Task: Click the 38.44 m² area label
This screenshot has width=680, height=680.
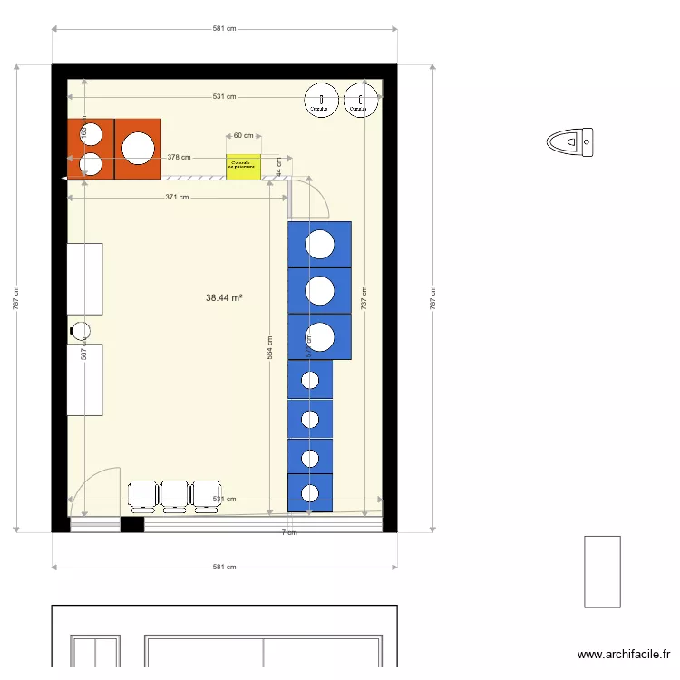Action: pyautogui.click(x=224, y=297)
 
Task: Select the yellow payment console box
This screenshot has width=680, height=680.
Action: pyautogui.click(x=243, y=166)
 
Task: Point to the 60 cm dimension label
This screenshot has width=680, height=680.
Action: pyautogui.click(x=243, y=135)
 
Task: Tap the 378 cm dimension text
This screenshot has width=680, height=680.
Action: pyautogui.click(x=179, y=157)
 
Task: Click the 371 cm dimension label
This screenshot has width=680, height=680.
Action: pyautogui.click(x=178, y=197)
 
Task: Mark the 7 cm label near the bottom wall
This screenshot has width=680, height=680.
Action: pyautogui.click(x=288, y=532)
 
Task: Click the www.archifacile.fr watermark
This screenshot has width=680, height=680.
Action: pyautogui.click(x=624, y=655)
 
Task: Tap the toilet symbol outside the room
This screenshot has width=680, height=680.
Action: pyautogui.click(x=570, y=141)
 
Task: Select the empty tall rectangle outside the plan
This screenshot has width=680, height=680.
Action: pyautogui.click(x=602, y=571)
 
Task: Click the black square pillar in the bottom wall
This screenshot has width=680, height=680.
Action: pyautogui.click(x=132, y=524)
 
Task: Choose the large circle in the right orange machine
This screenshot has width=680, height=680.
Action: pyautogui.click(x=138, y=149)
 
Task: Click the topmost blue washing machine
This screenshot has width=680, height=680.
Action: pyautogui.click(x=319, y=245)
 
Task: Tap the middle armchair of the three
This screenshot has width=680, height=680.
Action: pyautogui.click(x=173, y=495)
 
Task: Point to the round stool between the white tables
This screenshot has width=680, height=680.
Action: pyautogui.click(x=80, y=331)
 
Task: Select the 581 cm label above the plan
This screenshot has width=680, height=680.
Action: pyautogui.click(x=224, y=29)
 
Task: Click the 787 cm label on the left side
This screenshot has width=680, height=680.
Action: pyautogui.click(x=16, y=298)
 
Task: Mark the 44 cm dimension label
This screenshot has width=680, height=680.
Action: pyautogui.click(x=279, y=167)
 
